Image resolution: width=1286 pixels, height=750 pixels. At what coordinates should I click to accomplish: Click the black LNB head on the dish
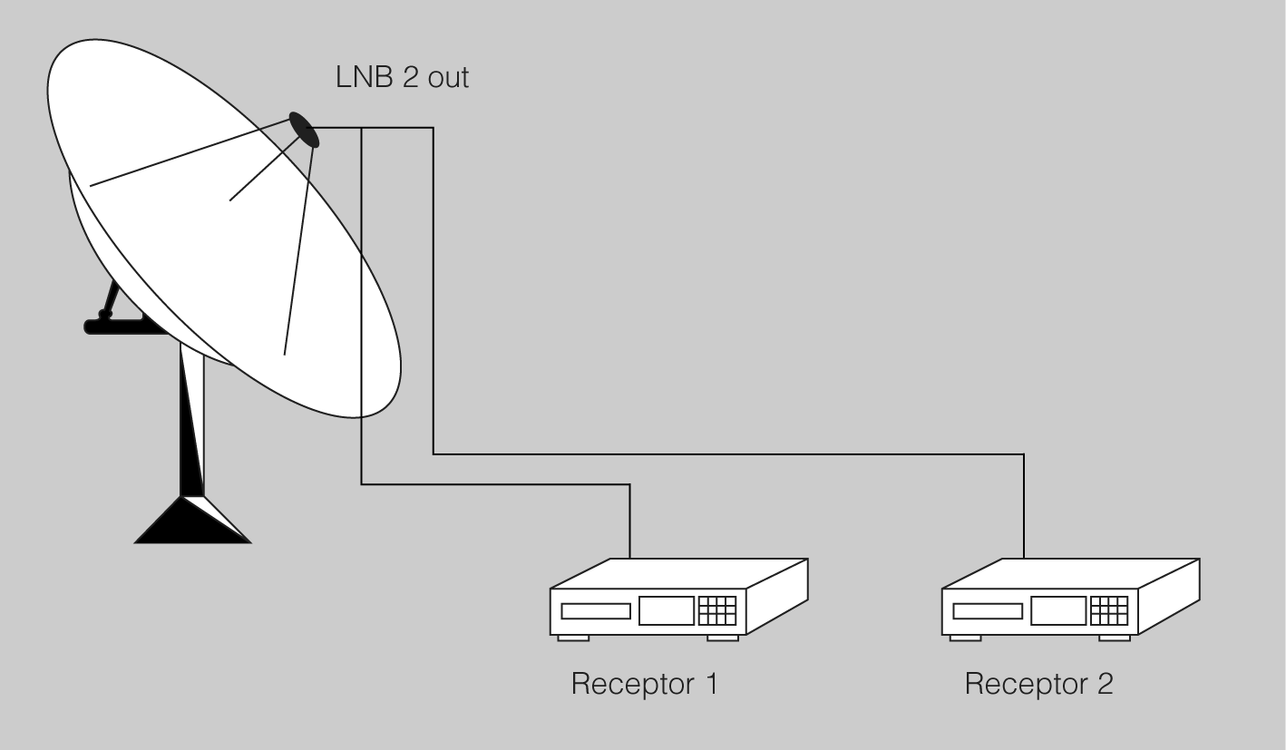(x=305, y=130)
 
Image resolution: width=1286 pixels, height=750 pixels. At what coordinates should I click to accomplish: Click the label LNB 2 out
(x=402, y=78)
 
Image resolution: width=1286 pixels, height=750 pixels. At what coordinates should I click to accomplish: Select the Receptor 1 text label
(x=644, y=683)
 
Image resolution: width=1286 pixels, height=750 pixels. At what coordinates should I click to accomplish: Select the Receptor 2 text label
(x=1038, y=683)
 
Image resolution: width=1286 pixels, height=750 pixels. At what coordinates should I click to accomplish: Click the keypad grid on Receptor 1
(x=716, y=611)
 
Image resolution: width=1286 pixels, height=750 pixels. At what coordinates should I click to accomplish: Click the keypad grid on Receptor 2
(x=1109, y=611)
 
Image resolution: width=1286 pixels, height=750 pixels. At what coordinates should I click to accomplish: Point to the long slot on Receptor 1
(x=595, y=611)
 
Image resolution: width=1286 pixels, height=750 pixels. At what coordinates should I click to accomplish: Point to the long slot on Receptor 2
(x=988, y=611)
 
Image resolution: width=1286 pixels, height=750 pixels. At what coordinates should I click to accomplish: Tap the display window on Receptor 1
(x=667, y=611)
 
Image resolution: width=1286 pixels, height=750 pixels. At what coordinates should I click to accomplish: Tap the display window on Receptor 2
(x=1058, y=611)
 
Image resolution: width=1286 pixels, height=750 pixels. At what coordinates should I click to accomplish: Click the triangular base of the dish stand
(x=191, y=521)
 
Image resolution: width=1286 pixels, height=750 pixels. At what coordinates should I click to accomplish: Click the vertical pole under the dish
(x=192, y=417)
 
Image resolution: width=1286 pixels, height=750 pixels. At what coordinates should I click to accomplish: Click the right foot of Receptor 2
(x=1115, y=638)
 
